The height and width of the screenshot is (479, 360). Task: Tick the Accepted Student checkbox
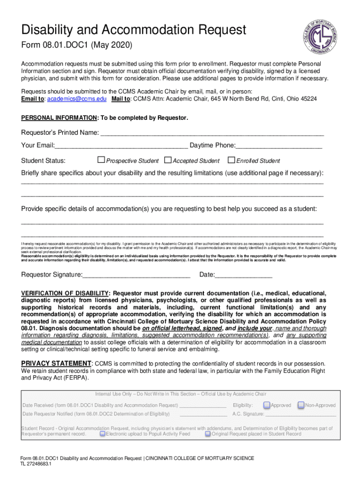tap(168, 160)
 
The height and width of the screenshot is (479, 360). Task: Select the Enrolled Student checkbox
tap(231, 160)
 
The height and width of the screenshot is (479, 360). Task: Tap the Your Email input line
tap(121, 147)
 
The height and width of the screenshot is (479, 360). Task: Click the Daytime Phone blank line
tap(279, 147)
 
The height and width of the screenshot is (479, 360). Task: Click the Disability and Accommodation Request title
tap(133, 30)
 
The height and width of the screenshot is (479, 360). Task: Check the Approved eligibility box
tap(266, 405)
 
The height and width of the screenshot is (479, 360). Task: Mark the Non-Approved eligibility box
tap(301, 405)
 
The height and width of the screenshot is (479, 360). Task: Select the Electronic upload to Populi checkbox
tap(102, 434)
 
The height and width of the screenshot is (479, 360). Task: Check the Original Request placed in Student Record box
tap(208, 434)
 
